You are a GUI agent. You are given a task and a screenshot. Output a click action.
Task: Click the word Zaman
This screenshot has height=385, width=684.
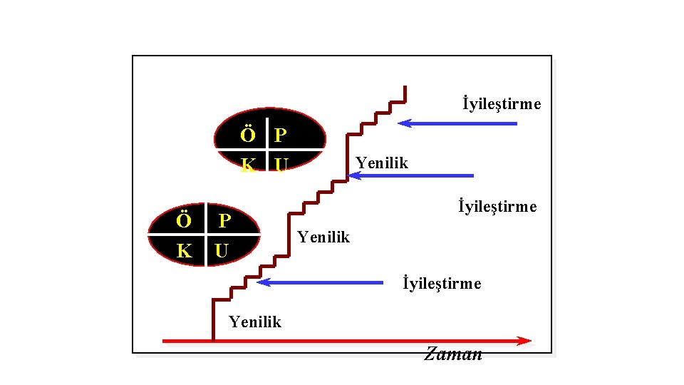tap(453, 354)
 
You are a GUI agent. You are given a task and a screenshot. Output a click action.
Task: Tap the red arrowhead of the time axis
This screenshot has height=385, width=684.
tap(525, 341)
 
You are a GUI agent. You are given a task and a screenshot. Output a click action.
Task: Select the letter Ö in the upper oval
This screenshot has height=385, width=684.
tap(247, 135)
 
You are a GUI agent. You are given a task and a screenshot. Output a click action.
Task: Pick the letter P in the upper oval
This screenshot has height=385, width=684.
tap(281, 135)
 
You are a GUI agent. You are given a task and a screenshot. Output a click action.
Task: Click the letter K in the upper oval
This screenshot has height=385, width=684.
tap(248, 166)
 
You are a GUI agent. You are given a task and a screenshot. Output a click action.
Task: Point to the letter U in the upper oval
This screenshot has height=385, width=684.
tap(281, 166)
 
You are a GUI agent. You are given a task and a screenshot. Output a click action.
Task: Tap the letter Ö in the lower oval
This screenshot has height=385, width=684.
tap(184, 220)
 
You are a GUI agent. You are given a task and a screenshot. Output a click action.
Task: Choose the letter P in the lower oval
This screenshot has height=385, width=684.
tap(224, 221)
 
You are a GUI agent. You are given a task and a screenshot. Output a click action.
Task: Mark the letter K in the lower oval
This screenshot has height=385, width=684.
tap(184, 251)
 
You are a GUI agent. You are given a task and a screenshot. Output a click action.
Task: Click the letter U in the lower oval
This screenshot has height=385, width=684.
tap(222, 252)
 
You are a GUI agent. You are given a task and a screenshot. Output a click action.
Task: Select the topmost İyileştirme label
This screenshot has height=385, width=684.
tap(502, 104)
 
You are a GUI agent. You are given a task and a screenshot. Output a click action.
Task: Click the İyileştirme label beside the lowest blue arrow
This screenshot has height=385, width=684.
tap(442, 284)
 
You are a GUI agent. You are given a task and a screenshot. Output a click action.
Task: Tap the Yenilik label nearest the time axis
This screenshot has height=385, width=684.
tap(255, 322)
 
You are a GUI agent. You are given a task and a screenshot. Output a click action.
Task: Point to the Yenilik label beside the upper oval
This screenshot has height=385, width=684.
tap(382, 163)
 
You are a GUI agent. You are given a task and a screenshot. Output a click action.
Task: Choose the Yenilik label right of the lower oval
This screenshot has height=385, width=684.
tap(323, 237)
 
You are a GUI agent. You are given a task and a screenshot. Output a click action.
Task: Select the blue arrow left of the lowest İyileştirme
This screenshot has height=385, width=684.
tap(320, 282)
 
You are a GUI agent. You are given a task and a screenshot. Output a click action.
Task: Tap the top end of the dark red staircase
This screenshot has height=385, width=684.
tap(405, 88)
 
